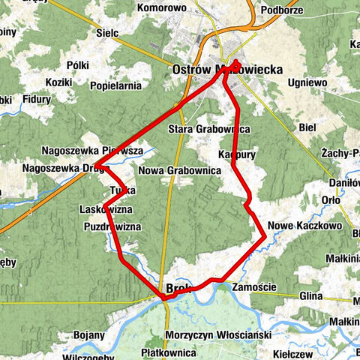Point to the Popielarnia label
pos(116,86)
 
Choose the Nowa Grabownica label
pos(179,171)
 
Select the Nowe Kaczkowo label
pos(304,225)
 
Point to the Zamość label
pos(255,286)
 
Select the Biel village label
pos(307,128)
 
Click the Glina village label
pos(310,297)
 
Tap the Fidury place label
pos(36,98)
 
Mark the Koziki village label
pos(58,82)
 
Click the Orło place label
pos(331,200)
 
